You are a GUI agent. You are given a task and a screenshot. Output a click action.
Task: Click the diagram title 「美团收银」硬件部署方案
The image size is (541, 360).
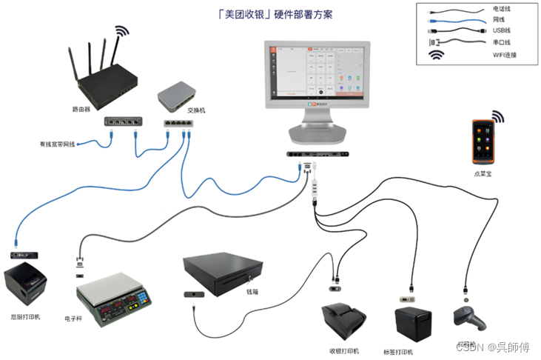point(270,15)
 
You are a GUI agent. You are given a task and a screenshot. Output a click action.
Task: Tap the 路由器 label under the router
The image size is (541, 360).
point(81,108)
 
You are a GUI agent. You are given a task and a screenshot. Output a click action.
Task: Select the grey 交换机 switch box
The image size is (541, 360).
point(178,94)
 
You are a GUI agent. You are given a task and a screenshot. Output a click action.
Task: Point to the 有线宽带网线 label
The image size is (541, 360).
point(57,144)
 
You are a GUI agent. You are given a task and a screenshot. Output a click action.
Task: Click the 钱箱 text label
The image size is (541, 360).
point(254,292)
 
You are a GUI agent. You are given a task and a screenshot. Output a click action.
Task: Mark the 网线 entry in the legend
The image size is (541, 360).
point(499,19)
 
